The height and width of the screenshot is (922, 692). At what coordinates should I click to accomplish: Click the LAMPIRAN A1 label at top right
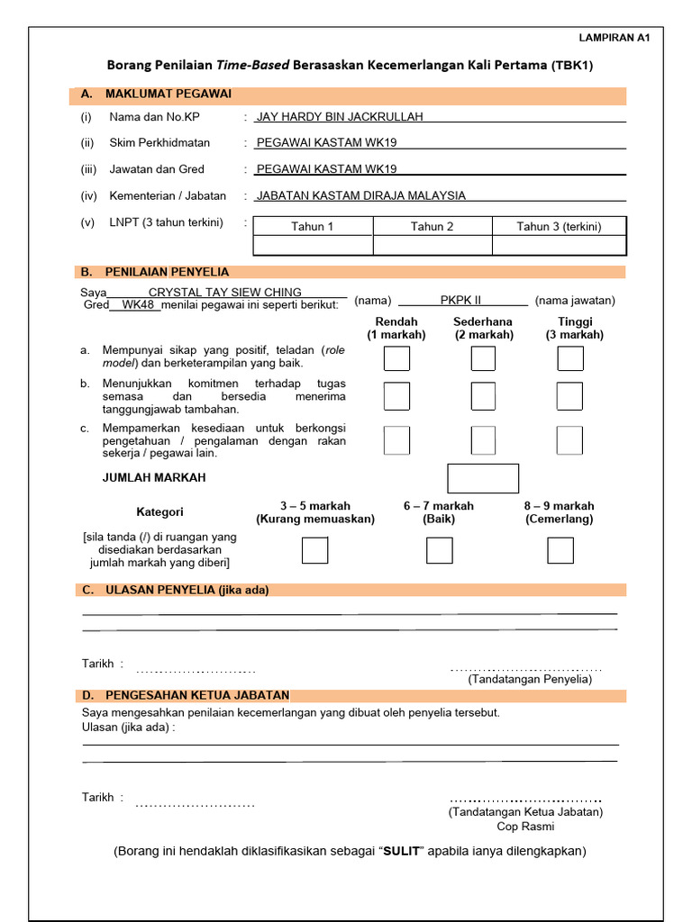tap(614, 38)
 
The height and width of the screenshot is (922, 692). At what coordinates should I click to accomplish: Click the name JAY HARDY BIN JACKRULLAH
tap(340, 116)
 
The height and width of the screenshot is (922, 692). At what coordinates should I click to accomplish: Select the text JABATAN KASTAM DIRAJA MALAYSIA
tap(361, 195)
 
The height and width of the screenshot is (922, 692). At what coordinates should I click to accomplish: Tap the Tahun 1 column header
tap(313, 226)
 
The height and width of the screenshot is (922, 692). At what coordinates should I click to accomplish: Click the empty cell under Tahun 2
tap(432, 245)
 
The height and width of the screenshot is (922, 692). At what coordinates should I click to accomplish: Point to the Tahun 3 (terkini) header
tap(559, 226)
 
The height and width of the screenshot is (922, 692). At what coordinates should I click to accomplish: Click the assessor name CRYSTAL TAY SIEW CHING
tap(225, 293)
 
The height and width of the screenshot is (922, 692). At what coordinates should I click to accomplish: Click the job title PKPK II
tap(461, 300)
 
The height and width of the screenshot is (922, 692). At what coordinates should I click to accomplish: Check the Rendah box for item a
tap(396, 358)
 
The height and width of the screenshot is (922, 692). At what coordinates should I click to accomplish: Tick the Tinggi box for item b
tap(569, 396)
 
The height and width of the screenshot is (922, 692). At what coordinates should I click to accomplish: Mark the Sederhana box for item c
tap(483, 440)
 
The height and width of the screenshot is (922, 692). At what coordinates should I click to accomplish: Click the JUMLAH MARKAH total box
tap(483, 478)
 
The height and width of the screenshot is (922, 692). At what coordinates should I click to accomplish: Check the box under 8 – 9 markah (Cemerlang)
tap(560, 550)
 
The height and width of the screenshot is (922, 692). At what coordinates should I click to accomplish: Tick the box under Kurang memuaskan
tap(314, 550)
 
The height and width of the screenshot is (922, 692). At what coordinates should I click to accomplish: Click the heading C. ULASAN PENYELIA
tap(175, 590)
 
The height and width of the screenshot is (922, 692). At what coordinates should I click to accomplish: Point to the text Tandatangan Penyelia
tap(530, 680)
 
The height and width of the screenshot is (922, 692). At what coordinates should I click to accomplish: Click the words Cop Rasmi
tap(525, 826)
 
